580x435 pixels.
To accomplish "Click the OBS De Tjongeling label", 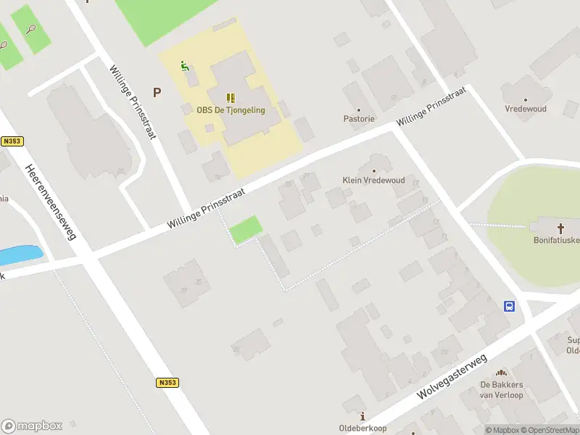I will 231,110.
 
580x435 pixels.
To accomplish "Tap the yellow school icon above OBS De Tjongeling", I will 231,97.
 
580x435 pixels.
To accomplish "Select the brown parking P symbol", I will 156,92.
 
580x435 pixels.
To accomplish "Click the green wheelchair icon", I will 185,66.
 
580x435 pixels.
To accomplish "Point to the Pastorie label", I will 359,118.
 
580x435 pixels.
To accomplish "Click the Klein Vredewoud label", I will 373,180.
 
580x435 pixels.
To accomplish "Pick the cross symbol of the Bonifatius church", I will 560,228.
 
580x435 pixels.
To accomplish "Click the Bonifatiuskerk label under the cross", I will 557,240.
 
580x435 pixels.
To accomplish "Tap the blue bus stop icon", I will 510,306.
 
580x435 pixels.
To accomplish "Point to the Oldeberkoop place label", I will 362,428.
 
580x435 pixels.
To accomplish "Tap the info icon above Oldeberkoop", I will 362,415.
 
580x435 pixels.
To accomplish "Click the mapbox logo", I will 32,426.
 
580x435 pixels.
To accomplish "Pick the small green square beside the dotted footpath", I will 246,229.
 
